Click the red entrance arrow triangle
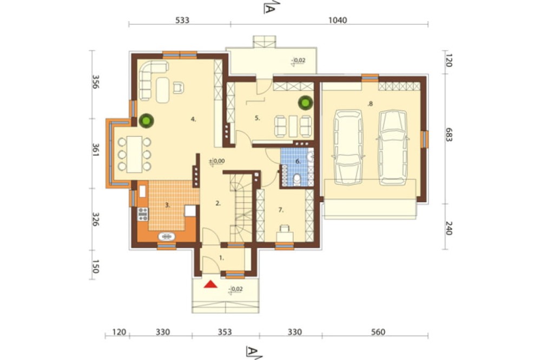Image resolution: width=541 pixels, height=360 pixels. tap(210, 284)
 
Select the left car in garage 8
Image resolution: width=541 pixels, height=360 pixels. tap(348, 147)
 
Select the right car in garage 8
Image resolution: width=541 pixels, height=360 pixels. tap(392, 147)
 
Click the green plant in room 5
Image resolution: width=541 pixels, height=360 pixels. tap(306, 102)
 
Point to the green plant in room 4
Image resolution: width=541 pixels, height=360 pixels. tap(146, 121)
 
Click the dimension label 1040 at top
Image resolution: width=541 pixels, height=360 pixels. tap(338, 21)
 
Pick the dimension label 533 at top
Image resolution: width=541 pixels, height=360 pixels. tap(182, 21)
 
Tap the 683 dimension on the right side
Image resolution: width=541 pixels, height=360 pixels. tap(448, 135)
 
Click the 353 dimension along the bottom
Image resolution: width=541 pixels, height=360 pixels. tap(225, 332)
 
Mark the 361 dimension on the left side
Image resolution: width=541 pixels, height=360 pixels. tap(96, 150)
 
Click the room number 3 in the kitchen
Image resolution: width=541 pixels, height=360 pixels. tap(167, 205)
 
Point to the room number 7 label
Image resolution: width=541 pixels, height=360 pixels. tap(281, 210)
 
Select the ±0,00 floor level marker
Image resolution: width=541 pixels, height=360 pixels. tap(217, 162)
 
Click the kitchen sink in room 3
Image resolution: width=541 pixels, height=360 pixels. tap(167, 237)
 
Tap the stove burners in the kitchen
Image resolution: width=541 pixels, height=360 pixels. tap(142, 214)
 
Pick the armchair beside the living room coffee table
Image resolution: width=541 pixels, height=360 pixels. tap(178, 87)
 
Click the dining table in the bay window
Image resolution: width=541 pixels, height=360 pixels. tap(134, 155)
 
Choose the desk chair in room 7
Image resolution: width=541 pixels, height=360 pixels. tap(285, 228)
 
